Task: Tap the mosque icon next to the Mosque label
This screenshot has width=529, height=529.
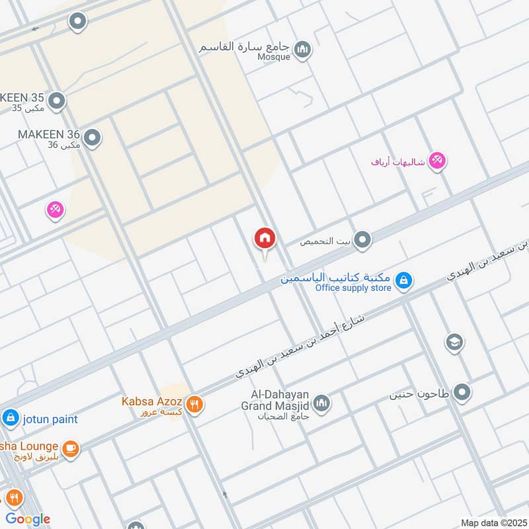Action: click(303, 50)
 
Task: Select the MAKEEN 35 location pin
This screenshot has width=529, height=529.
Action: click(57, 101)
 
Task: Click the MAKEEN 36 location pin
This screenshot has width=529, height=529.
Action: click(93, 138)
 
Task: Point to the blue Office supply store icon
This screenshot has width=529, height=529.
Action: click(403, 282)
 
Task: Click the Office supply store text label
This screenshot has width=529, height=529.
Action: click(353, 288)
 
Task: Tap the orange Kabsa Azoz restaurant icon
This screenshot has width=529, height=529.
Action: click(194, 404)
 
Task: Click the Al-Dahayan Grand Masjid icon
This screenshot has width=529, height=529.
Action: click(322, 403)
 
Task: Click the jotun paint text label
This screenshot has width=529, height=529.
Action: click(50, 419)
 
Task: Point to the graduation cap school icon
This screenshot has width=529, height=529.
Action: click(454, 342)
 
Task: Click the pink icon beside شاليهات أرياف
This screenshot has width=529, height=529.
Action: click(436, 160)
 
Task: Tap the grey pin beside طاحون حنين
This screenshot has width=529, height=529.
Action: click(462, 393)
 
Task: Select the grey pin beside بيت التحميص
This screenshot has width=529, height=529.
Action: click(362, 240)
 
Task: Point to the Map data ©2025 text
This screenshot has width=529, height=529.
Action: click(492, 523)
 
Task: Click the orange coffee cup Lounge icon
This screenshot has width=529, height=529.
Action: click(71, 449)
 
